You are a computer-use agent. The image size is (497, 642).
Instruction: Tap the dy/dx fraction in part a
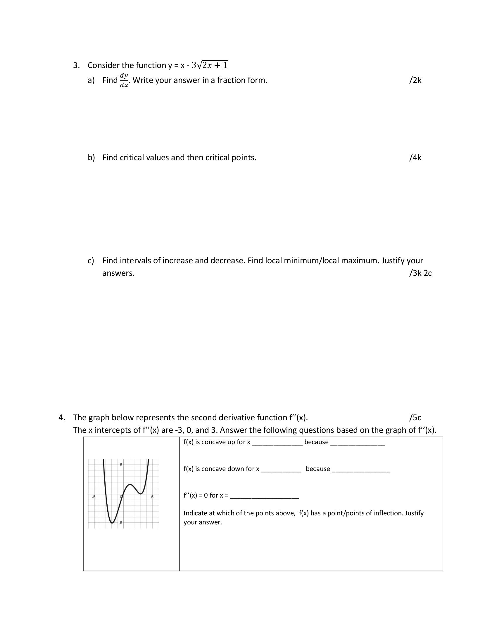(124, 80)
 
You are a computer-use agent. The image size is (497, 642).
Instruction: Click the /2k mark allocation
(415, 80)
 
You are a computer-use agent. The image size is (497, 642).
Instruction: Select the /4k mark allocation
(415, 158)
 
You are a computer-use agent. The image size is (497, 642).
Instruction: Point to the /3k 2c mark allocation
(420, 273)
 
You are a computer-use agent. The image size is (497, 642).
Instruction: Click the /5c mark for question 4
(415, 417)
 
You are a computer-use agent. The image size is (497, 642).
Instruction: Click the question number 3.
(76, 65)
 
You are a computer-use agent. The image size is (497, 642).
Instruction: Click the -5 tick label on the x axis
(94, 497)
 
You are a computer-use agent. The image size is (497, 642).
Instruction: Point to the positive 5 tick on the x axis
(152, 497)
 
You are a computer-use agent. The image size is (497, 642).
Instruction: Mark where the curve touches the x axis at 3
(141, 494)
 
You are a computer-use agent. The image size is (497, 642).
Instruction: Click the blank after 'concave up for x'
(277, 443)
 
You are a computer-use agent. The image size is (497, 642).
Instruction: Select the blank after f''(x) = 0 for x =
(264, 496)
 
